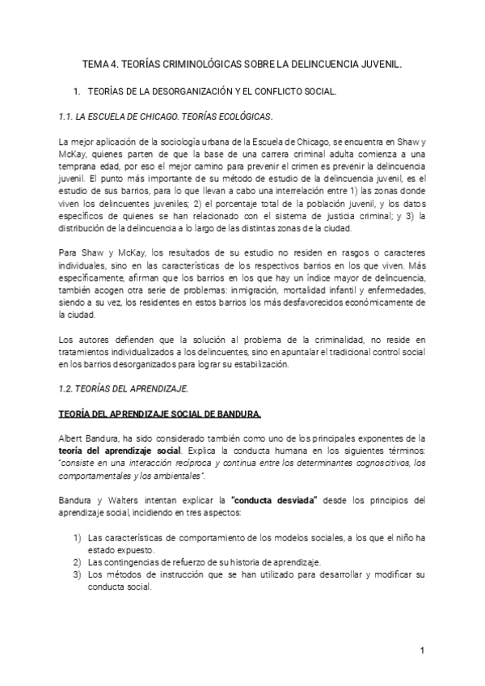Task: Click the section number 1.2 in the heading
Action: pos(66,387)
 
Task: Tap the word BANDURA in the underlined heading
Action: pos(234,415)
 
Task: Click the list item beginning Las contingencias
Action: pos(206,561)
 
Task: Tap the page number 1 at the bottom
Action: pos(422,651)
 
